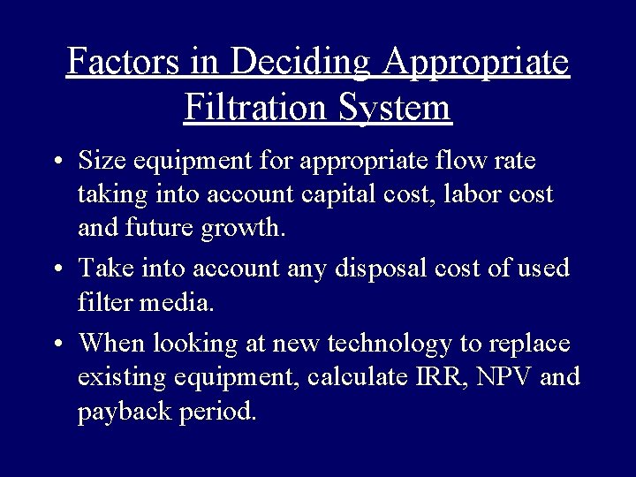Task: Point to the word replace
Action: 528,343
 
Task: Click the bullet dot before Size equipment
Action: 57,163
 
